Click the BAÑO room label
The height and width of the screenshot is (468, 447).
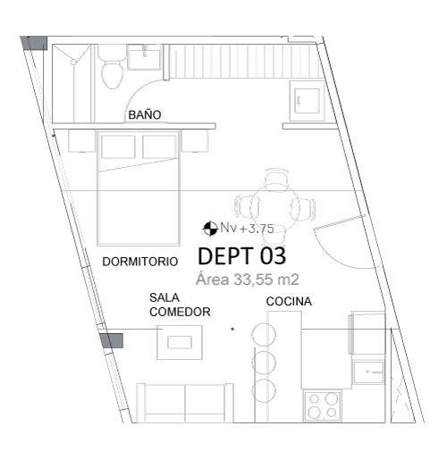[x=145, y=114]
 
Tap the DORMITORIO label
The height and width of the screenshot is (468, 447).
[x=139, y=262]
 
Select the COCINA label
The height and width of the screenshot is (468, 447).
[x=289, y=302]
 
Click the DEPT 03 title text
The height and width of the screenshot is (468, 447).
[x=241, y=256]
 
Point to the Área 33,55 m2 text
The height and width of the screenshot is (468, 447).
[x=248, y=280]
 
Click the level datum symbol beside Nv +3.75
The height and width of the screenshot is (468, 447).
[x=210, y=229]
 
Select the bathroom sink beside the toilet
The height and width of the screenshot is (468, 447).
[x=145, y=56]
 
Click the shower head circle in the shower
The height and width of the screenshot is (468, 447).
[x=73, y=62]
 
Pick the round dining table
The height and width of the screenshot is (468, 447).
[x=274, y=206]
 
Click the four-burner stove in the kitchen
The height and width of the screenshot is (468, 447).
[x=323, y=405]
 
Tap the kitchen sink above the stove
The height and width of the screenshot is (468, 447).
[x=368, y=372]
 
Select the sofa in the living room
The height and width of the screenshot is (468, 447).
[x=185, y=403]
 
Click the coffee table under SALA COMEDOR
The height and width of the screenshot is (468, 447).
[x=180, y=342]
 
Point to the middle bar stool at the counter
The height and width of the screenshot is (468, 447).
[x=264, y=363]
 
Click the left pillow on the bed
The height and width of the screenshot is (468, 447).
[x=118, y=146]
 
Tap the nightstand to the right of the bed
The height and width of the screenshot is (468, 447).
[x=195, y=141]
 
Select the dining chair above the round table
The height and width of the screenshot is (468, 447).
[x=276, y=180]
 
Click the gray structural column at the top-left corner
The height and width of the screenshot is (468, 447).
[x=34, y=43]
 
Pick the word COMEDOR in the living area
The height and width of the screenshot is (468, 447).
[x=180, y=312]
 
